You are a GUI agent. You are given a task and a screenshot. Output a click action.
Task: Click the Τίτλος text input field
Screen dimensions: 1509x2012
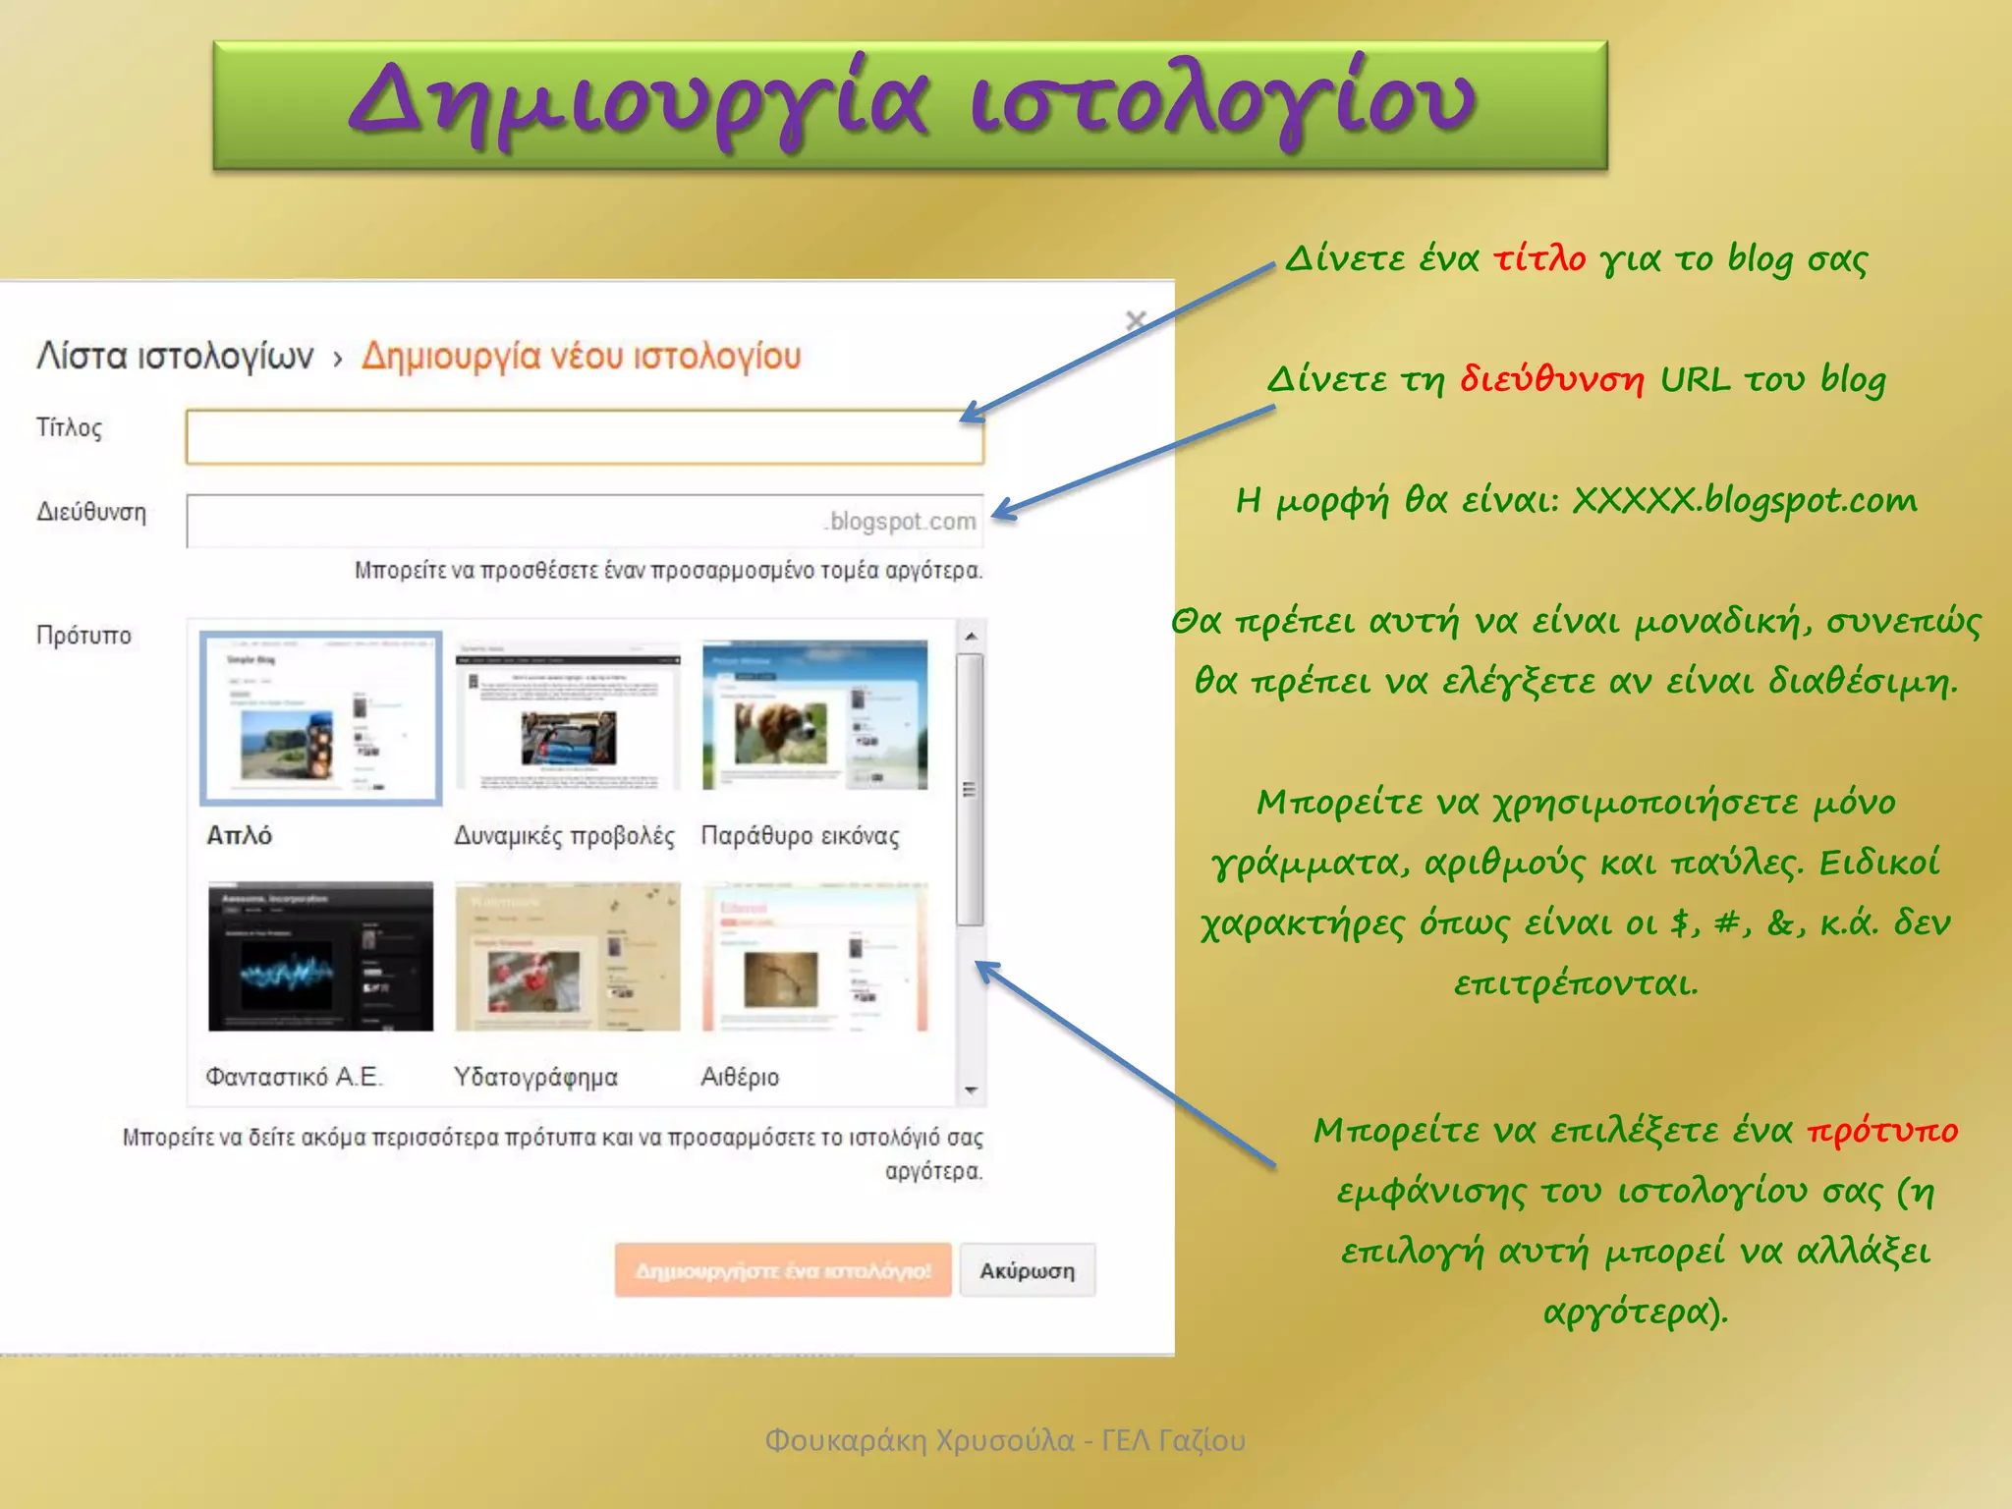pos(584,437)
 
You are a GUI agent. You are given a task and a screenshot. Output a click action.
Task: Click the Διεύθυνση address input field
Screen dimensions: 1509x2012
pos(501,521)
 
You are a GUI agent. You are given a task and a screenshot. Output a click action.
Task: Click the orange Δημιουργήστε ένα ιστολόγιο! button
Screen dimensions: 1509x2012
pos(783,1270)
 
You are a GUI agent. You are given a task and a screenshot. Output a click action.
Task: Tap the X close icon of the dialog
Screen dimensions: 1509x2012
pos(1136,320)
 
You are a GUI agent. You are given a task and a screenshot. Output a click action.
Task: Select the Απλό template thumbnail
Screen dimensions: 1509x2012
pos(321,718)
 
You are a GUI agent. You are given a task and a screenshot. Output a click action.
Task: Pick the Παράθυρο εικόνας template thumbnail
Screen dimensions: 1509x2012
pos(814,715)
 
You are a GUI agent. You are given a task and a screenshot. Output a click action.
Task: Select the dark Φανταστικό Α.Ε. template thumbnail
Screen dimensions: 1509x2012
pos(320,956)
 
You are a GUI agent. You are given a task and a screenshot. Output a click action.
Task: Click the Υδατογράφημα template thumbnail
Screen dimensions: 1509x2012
pos(568,956)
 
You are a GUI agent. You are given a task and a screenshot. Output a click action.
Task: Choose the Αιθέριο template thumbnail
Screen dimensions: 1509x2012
pos(814,956)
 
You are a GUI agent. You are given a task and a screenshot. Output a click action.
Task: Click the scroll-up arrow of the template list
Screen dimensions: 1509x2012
pos(971,637)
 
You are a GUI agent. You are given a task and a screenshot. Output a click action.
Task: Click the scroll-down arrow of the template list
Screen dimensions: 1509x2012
pos(971,1090)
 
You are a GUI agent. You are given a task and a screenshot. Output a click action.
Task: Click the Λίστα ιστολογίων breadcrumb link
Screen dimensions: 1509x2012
pos(175,356)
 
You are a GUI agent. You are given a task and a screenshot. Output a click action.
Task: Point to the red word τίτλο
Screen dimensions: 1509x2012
pos(1538,258)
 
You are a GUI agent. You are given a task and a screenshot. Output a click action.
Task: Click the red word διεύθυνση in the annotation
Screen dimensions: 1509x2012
pos(1551,379)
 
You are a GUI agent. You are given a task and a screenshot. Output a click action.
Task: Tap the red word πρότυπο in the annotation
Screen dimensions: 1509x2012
pos(1882,1130)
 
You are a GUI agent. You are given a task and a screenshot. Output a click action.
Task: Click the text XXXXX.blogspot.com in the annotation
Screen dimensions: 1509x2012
pos(1744,500)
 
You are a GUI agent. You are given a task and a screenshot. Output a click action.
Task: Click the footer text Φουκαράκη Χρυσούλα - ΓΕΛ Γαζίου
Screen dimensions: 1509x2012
pos(1004,1440)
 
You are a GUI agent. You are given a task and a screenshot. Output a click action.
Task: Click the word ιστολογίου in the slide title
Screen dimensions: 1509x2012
pos(1222,101)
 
